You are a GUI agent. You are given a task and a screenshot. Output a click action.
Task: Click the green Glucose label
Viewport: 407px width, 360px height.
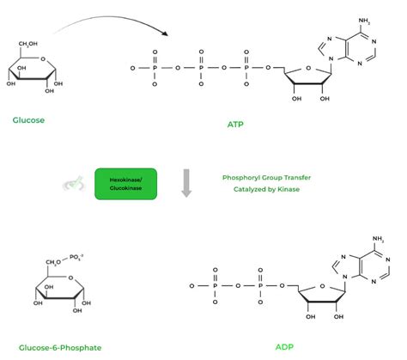[28, 119]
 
